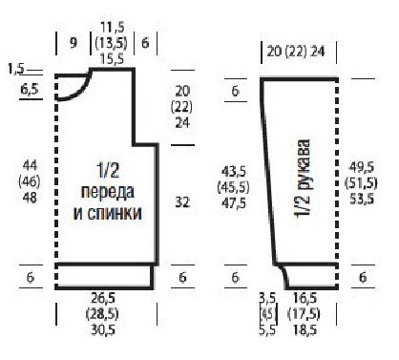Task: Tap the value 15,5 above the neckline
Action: coord(113,58)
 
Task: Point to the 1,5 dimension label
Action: coord(15,69)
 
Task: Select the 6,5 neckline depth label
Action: coord(30,90)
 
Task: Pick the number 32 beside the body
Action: coord(182,202)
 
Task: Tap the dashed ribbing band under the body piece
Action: coord(103,276)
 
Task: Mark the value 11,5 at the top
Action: coord(113,27)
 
